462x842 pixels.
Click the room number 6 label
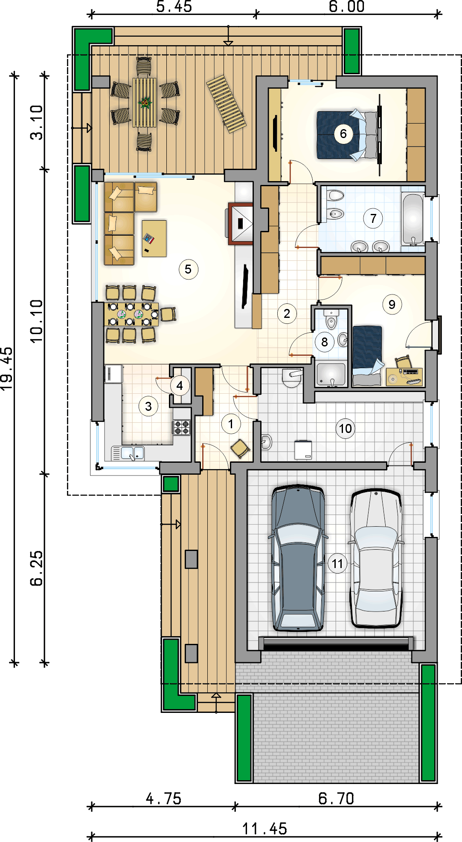pyautogui.click(x=343, y=134)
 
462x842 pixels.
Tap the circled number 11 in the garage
pyautogui.click(x=337, y=564)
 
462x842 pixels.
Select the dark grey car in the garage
pyautogui.click(x=298, y=558)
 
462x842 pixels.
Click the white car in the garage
pyautogui.click(x=376, y=559)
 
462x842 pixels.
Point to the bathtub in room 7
pyautogui.click(x=413, y=219)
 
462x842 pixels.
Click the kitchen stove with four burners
pyautogui.click(x=181, y=427)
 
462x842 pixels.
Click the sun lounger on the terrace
pyautogui.click(x=227, y=104)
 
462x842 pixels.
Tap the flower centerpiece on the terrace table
pyautogui.click(x=145, y=102)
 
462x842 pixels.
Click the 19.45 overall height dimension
pyautogui.click(x=7, y=369)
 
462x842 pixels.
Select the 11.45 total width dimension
pyautogui.click(x=264, y=829)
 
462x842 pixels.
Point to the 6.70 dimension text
pyautogui.click(x=336, y=798)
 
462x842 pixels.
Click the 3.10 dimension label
pyautogui.click(x=37, y=122)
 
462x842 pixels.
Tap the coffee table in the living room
pyautogui.click(x=154, y=238)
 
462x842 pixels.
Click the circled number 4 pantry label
pyautogui.click(x=180, y=386)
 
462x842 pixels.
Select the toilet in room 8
pyautogui.click(x=331, y=320)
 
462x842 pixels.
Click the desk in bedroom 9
pyautogui.click(x=404, y=377)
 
